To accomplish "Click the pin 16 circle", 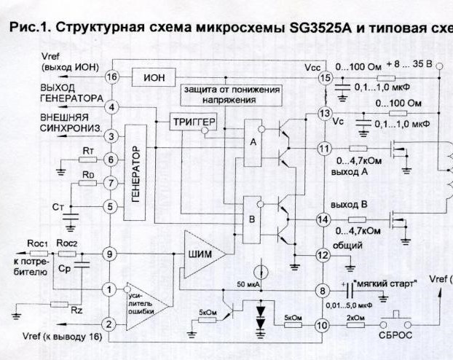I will click(112, 77).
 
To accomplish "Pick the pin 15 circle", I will click(325, 77).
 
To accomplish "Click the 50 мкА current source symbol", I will click(266, 273).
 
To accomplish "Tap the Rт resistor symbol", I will click(87, 159).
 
